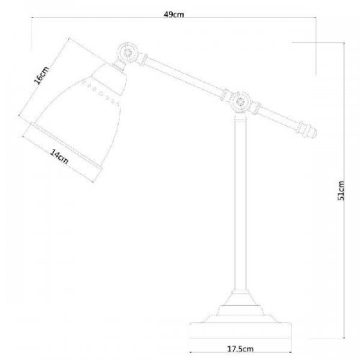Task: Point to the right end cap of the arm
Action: click(309, 132)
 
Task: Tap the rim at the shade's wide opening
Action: click(65, 148)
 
